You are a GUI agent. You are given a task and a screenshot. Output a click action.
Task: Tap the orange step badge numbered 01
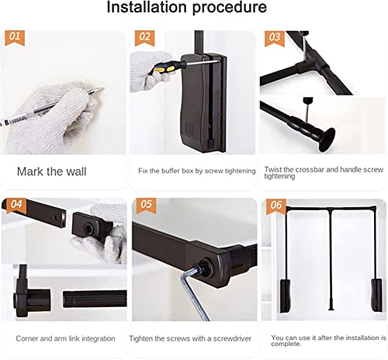[14, 36]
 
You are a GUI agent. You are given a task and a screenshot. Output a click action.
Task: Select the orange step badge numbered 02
[144, 36]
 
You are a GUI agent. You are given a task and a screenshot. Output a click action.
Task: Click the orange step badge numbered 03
[273, 36]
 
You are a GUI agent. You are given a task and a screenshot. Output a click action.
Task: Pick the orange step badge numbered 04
[14, 206]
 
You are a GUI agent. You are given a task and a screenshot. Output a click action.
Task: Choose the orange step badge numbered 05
[144, 206]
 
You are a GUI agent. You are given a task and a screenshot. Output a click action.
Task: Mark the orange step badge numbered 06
[273, 206]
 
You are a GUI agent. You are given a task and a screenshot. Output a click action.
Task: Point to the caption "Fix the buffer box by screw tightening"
[196, 170]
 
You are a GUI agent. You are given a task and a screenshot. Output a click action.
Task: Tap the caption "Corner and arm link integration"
[65, 338]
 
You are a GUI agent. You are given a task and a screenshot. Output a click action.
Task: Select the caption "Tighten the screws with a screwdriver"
[194, 338]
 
